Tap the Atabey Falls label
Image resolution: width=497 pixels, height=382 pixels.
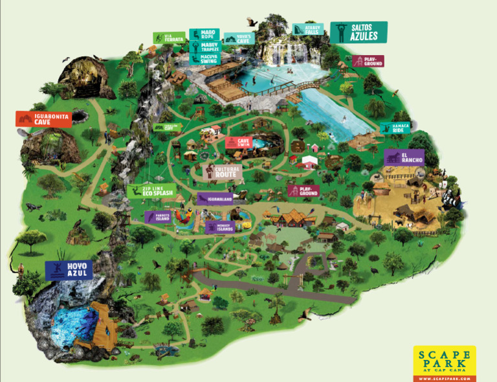(x=308, y=30)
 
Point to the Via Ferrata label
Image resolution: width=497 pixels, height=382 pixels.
(x=170, y=38)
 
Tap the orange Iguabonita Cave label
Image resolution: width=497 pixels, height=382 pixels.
(x=43, y=118)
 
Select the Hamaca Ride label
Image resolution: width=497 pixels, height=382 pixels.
(x=395, y=128)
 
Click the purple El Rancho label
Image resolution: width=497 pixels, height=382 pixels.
(x=404, y=157)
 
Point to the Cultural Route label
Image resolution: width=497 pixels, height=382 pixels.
(x=222, y=172)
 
